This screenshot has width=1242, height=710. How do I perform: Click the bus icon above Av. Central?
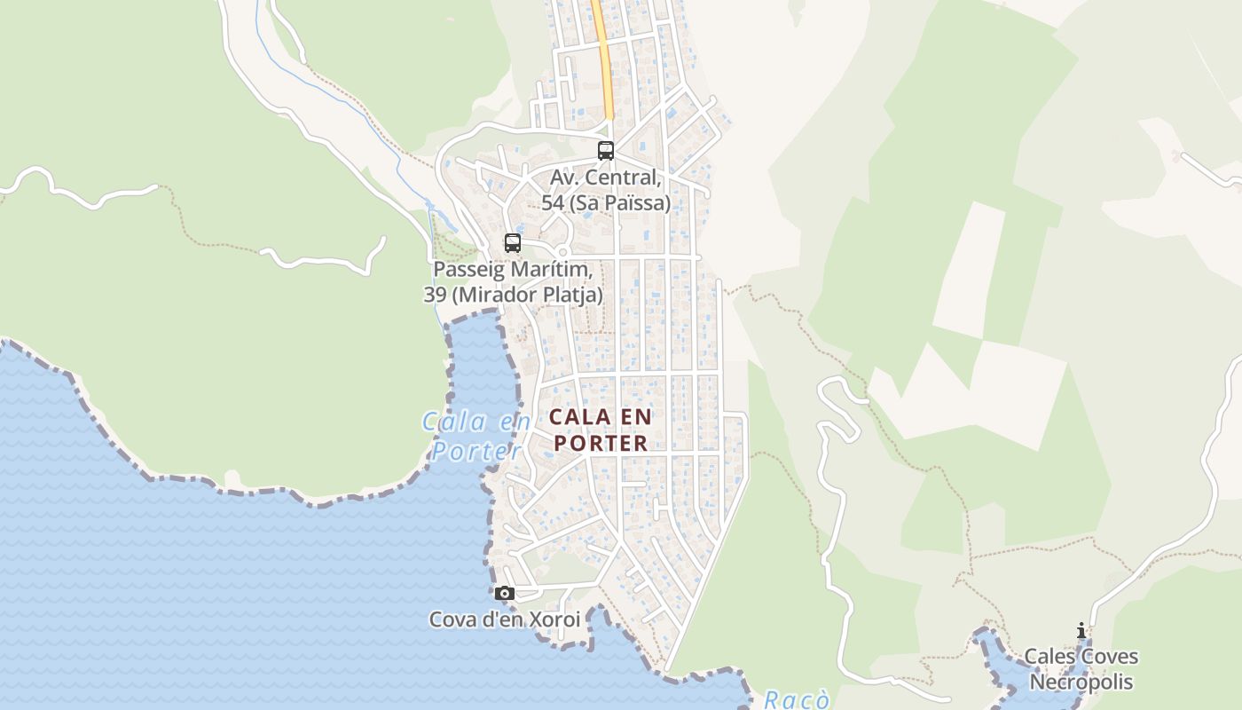606,151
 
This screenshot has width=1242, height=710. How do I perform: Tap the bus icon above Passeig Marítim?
513,242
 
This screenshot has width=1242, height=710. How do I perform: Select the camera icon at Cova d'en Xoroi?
505,593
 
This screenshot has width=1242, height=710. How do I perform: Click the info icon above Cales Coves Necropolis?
1081,631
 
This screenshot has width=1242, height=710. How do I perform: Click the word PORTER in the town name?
600,444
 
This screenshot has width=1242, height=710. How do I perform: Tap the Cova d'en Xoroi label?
504,619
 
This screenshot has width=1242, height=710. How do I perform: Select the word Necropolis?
1081,682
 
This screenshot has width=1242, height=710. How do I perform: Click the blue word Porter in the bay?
476,451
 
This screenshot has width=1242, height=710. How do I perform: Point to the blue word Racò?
798,700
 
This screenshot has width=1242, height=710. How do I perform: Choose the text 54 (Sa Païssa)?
606,203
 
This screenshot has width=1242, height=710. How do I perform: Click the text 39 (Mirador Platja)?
514,295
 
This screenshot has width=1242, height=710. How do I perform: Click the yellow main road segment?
603,53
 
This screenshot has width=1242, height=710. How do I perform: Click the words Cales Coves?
1081,657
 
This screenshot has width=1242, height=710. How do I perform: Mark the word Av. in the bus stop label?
565,177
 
